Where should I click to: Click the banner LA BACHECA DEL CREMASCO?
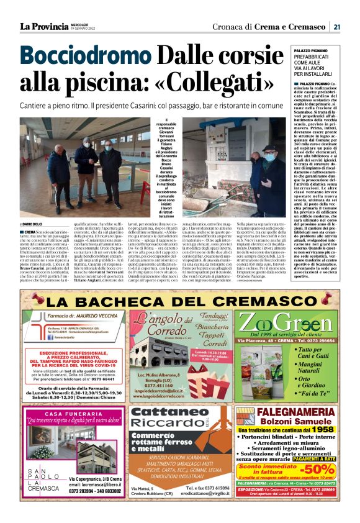(x=179, y=301)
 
